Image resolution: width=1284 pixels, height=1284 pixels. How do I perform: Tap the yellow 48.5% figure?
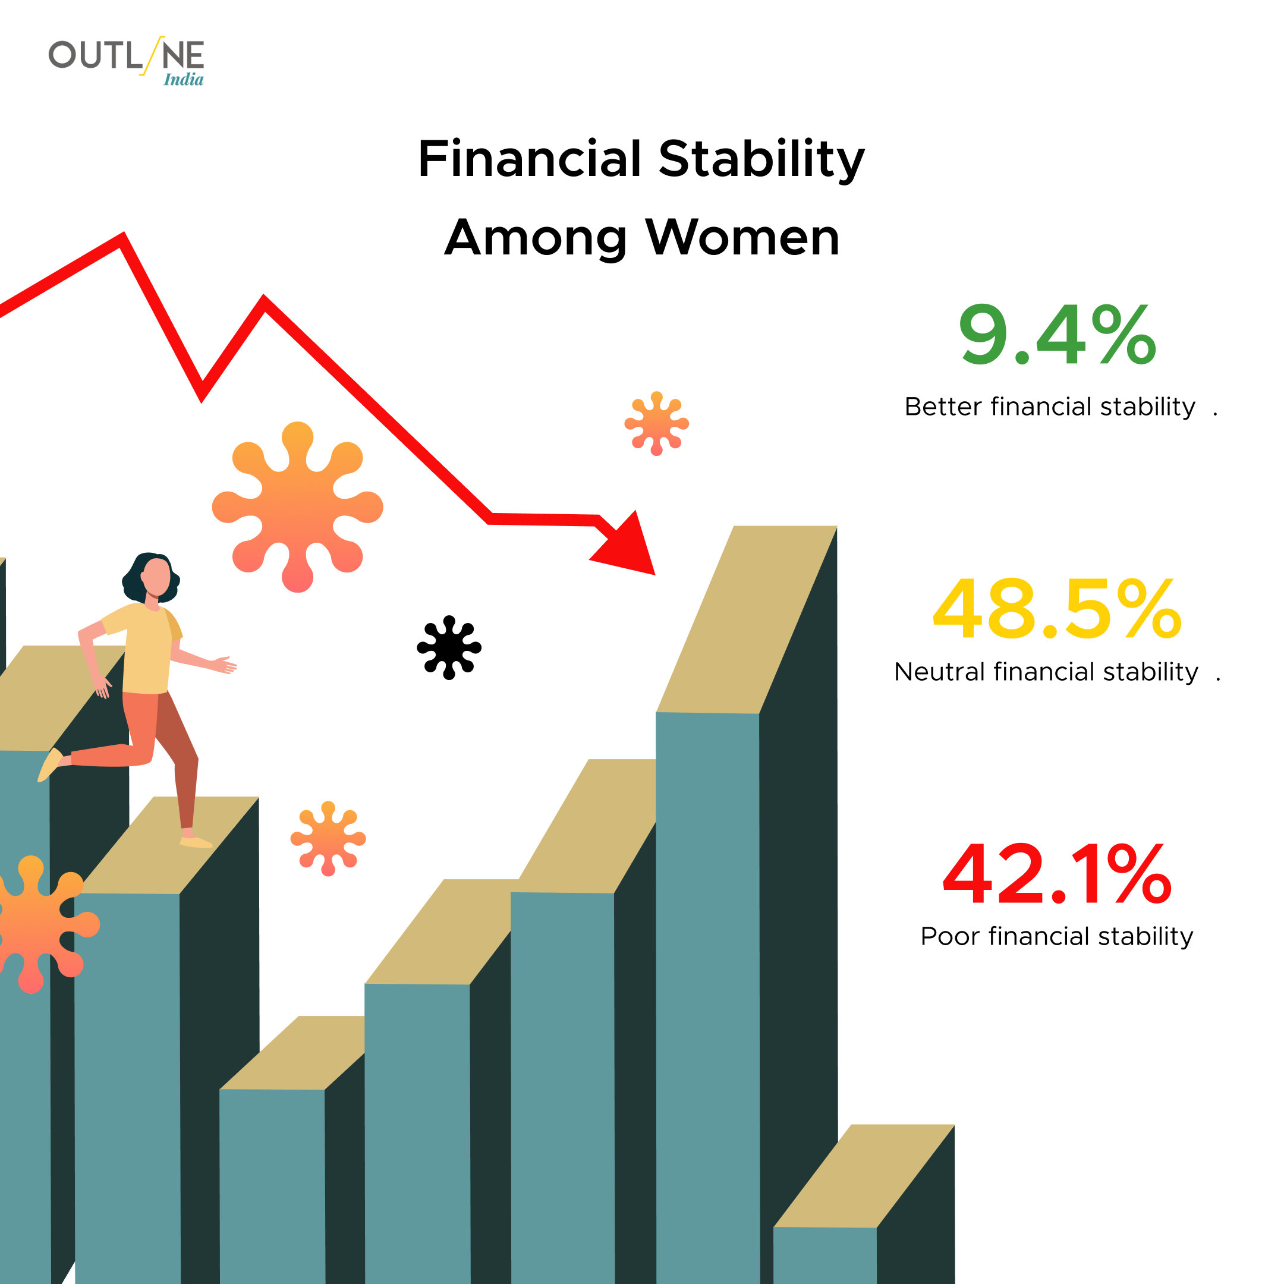point(1058,609)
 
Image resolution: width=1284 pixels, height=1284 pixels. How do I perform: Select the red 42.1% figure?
point(1058,874)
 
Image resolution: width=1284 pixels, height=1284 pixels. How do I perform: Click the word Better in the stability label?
point(944,407)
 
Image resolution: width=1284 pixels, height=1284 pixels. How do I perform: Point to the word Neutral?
point(939,672)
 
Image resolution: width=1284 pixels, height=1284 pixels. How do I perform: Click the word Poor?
point(951,936)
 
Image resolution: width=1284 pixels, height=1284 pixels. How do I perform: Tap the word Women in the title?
point(743,237)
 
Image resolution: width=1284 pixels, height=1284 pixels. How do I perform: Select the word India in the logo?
point(184,79)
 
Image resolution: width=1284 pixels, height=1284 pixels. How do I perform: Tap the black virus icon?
point(449,647)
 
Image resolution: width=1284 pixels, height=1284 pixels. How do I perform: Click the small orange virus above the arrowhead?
point(657,423)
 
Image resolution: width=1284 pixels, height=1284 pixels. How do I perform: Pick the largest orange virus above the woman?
point(297,507)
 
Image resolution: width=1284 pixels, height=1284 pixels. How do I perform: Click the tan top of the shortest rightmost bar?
point(864,1176)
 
